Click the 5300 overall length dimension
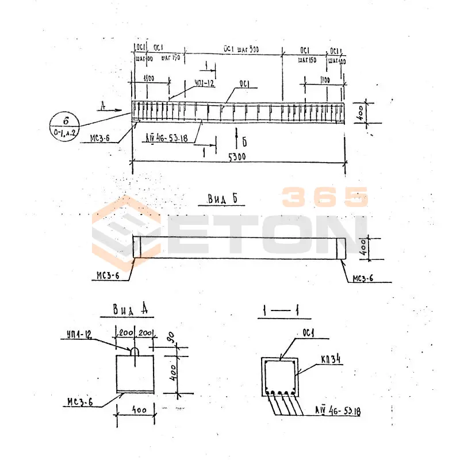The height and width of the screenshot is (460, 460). tap(237, 157)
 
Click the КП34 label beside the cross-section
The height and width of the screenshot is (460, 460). tap(330, 359)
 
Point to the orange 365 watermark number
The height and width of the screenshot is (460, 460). tap(324, 197)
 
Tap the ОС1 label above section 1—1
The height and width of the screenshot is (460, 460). tap(310, 333)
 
